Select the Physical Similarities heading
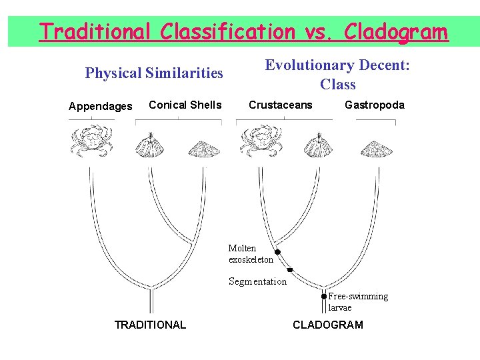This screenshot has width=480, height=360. (154, 73)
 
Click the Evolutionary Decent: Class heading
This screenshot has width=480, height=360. (337, 75)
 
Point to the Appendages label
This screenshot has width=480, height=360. (101, 106)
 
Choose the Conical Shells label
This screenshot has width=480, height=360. (185, 104)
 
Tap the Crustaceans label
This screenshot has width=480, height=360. (280, 105)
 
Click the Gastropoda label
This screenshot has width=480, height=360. (374, 105)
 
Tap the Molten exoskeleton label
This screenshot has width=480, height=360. (251, 254)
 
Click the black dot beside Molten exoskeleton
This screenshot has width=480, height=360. (277, 252)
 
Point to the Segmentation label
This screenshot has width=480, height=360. (257, 281)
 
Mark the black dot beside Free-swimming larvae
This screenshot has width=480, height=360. (324, 296)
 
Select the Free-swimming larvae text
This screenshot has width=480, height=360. (357, 302)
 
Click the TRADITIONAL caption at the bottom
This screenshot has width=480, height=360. (150, 325)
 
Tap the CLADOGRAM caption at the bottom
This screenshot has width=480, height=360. (328, 325)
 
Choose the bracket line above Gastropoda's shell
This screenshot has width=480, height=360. (375, 121)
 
